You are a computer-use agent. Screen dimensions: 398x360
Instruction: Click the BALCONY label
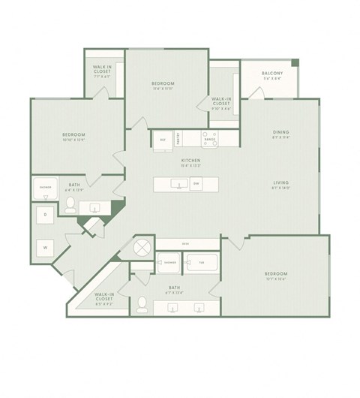click(271, 73)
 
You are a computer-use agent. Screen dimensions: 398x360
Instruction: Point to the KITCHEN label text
click(188, 161)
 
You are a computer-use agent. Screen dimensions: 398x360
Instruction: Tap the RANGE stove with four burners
click(211, 138)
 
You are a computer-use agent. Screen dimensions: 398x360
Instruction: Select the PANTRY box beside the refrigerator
click(178, 137)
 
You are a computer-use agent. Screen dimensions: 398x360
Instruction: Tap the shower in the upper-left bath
click(45, 189)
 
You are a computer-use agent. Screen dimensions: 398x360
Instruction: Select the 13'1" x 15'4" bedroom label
click(277, 274)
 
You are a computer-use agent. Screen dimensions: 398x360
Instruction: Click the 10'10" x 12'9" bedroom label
click(73, 137)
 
